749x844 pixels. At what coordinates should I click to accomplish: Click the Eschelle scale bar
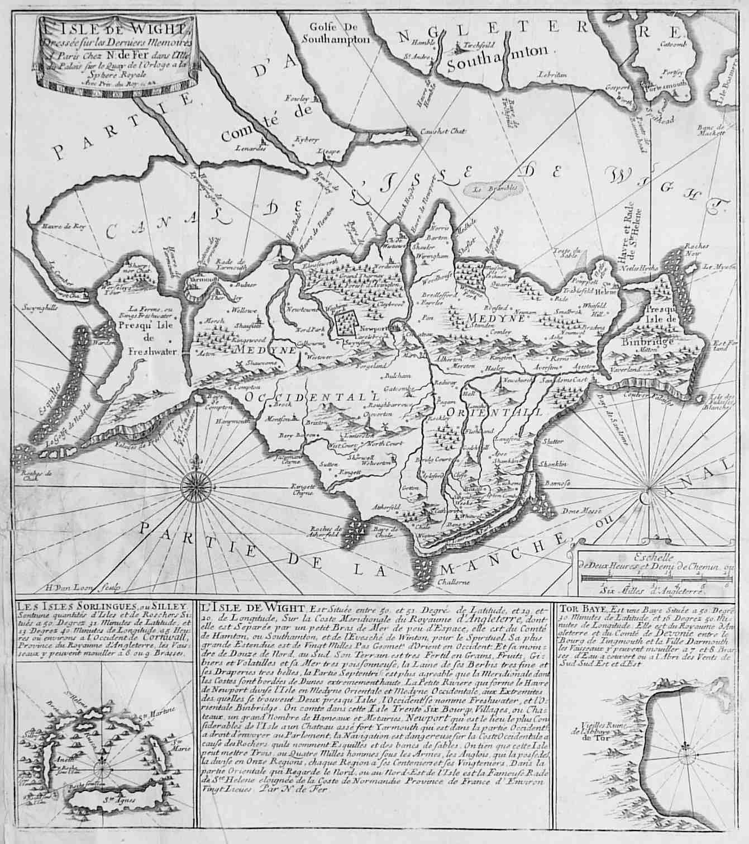653,584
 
